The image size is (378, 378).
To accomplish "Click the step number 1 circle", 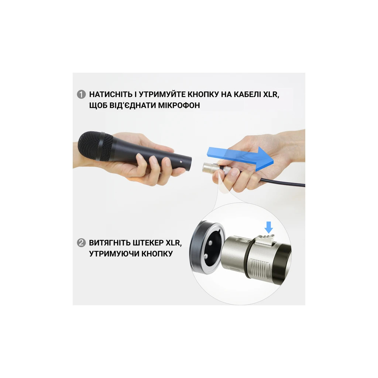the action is click(x=81, y=94).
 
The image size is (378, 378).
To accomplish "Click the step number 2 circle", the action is click(x=81, y=243).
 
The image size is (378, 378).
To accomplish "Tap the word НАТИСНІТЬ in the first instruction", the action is click(x=111, y=94).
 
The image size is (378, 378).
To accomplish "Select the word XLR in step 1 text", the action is click(x=271, y=94).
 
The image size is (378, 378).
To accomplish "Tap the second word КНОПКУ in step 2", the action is click(x=157, y=254).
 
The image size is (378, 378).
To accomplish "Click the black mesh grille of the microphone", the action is click(x=96, y=146).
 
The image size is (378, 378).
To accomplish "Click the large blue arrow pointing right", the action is click(x=240, y=158).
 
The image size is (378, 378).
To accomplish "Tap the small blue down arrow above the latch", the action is click(x=269, y=227).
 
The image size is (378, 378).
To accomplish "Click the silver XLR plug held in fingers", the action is click(x=214, y=168).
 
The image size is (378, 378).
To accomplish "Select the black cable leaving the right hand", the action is click(x=282, y=181).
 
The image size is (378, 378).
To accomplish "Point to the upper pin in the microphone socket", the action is click(x=210, y=243).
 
